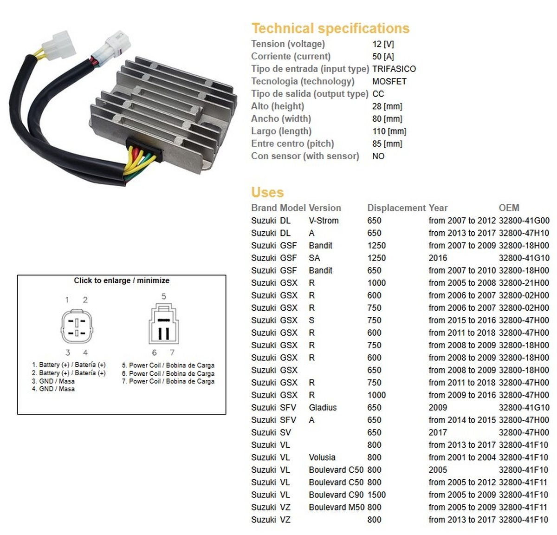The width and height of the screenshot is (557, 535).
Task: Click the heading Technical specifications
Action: [x=330, y=28]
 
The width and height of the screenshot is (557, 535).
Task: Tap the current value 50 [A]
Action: [x=383, y=56]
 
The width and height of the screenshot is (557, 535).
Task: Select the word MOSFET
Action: [x=389, y=81]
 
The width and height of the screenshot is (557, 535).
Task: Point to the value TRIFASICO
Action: [x=394, y=69]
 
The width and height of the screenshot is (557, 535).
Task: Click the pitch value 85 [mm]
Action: [x=387, y=144]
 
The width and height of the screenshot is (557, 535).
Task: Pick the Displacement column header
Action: [x=396, y=208]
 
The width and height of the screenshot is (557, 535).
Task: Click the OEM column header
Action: [x=509, y=208]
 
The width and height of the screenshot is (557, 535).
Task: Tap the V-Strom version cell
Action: [x=324, y=220]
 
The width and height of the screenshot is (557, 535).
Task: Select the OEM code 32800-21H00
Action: [x=524, y=283]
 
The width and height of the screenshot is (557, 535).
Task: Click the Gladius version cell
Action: [x=323, y=407]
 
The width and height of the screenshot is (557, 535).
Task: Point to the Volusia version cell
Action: [x=322, y=457]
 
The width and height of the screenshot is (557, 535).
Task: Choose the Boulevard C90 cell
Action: [x=336, y=495]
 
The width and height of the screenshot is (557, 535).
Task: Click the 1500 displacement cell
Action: [x=376, y=495]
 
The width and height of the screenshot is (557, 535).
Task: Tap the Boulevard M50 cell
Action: [x=337, y=507]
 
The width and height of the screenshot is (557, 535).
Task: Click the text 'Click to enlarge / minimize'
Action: [x=121, y=281]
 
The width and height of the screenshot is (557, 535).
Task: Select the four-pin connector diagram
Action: [x=77, y=326]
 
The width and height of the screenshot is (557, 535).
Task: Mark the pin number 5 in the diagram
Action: [x=164, y=296]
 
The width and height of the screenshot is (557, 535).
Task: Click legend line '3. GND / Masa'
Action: [x=53, y=381]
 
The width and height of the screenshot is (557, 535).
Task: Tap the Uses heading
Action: [x=267, y=192]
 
